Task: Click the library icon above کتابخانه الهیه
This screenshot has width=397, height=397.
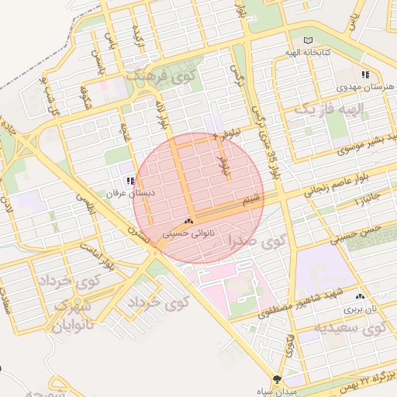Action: pos(308,40)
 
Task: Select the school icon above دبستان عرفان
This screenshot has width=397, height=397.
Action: pos(129,181)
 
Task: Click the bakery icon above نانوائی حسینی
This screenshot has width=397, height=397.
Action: pos(188,222)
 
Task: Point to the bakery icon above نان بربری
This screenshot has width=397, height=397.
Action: pos(359,297)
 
